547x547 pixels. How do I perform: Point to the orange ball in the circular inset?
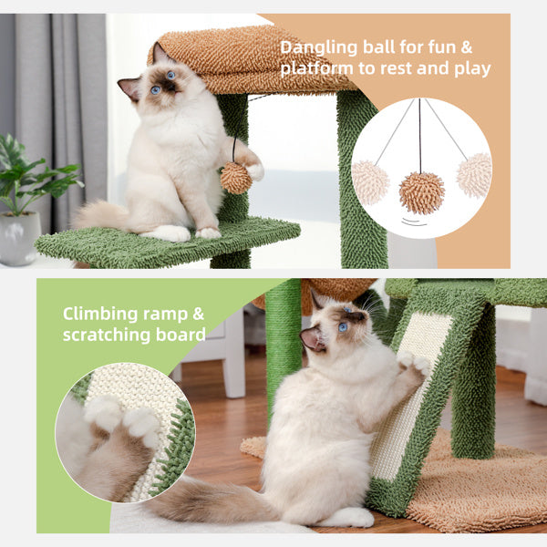(x=421, y=192)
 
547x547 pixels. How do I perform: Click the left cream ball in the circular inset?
(x=370, y=181)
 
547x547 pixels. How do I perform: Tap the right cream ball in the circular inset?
(x=474, y=174)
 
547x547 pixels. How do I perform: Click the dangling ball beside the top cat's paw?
(x=235, y=178)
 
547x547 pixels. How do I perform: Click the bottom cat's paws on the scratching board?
(x=412, y=365)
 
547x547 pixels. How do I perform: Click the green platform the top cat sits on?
(x=164, y=243)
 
